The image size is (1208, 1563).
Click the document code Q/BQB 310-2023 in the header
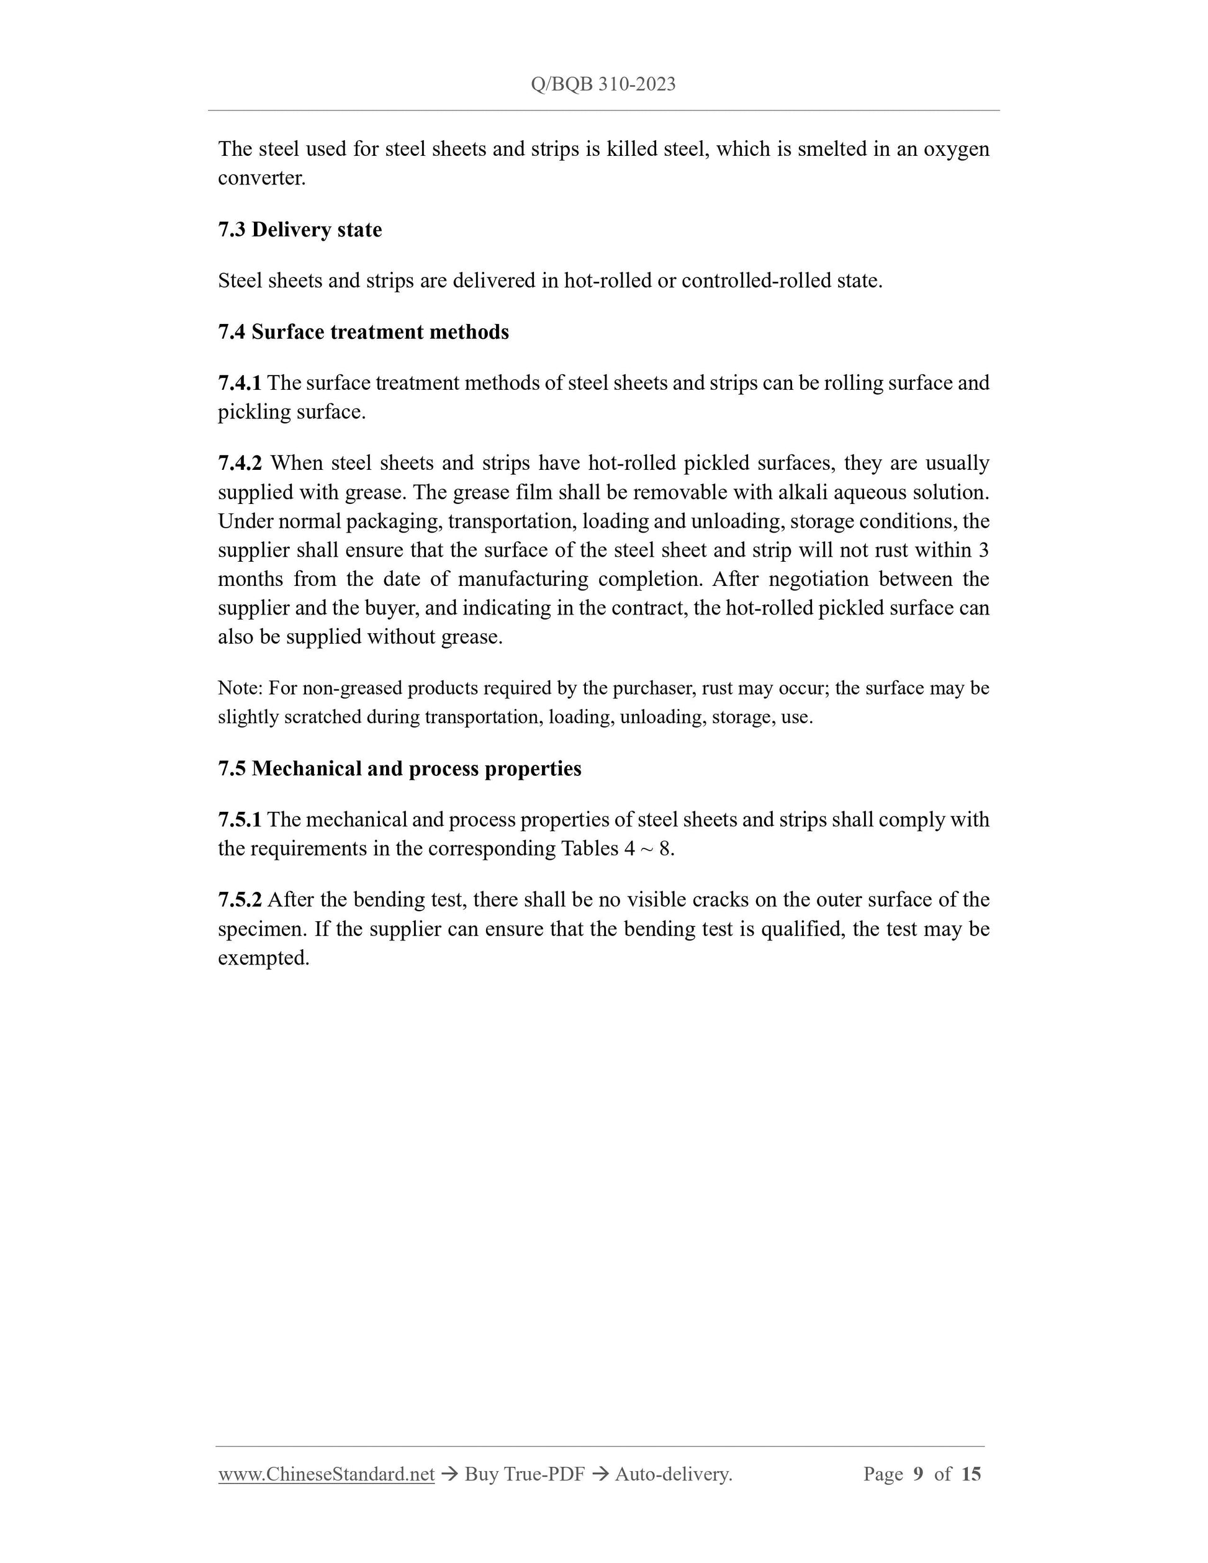(x=603, y=84)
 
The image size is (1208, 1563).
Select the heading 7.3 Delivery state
(x=300, y=230)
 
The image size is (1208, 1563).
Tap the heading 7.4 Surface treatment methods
(x=363, y=332)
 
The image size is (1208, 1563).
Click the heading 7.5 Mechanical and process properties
(x=399, y=768)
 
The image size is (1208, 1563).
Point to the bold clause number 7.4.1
(x=240, y=383)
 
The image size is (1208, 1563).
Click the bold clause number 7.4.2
(x=240, y=463)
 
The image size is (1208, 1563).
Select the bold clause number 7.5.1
(x=240, y=819)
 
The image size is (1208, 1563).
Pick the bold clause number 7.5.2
(x=240, y=899)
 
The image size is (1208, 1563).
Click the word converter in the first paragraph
(x=261, y=178)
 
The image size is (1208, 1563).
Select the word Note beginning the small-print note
(x=239, y=688)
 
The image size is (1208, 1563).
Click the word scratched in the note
(x=322, y=717)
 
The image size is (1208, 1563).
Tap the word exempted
(x=263, y=958)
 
